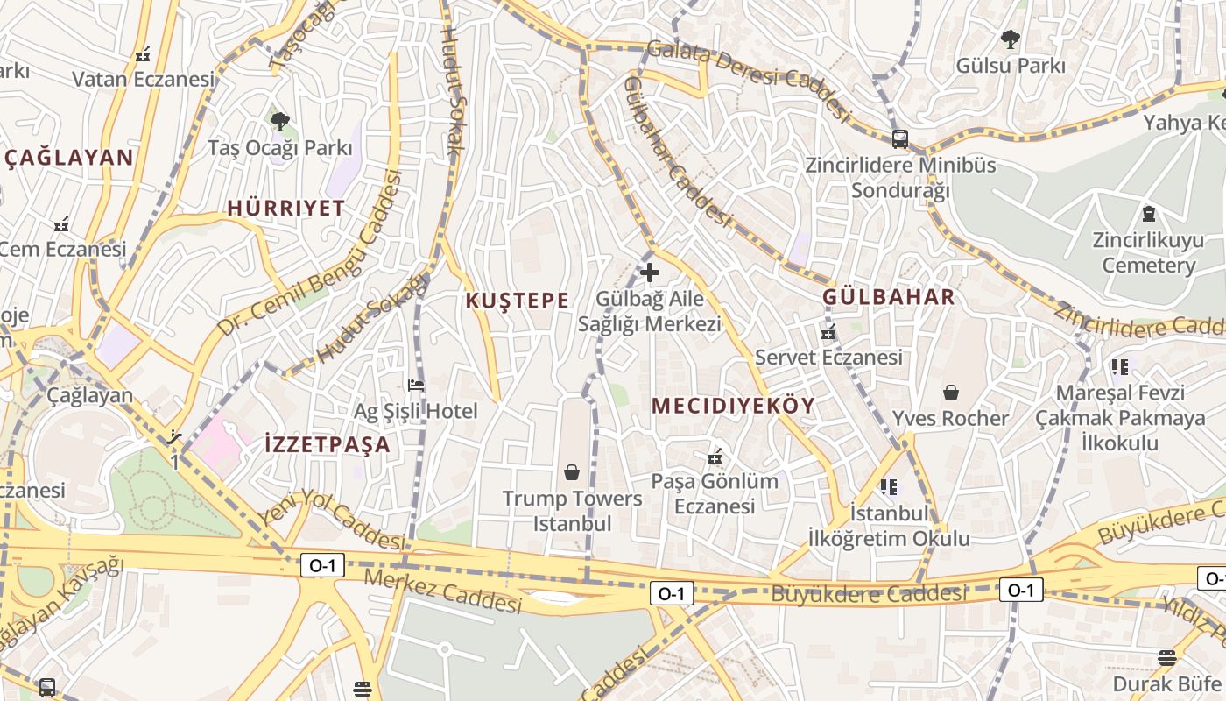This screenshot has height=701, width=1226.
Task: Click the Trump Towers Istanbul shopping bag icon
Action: (572, 473)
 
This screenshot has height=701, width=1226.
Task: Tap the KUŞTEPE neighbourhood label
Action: (517, 301)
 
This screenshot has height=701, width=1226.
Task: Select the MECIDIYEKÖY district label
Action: (733, 406)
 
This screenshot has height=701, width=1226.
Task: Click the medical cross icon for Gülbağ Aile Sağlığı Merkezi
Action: (649, 273)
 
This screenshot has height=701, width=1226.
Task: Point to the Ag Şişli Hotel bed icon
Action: (416, 385)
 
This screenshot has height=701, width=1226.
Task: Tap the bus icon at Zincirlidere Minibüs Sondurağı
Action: (899, 138)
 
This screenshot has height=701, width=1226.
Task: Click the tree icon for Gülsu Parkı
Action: (1010, 39)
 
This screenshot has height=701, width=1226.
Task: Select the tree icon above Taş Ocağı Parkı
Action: (279, 121)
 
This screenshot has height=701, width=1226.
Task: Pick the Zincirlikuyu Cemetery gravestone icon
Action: (1148, 213)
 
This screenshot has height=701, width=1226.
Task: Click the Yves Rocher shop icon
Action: (950, 393)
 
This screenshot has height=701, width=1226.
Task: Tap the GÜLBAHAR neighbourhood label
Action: (888, 297)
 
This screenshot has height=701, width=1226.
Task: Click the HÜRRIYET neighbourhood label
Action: (285, 209)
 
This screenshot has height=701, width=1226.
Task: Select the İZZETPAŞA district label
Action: (327, 444)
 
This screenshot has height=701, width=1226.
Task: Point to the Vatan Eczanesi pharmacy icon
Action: (143, 54)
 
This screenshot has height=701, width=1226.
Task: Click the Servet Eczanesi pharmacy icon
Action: (828, 333)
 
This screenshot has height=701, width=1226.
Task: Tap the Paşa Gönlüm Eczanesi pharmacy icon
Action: (715, 457)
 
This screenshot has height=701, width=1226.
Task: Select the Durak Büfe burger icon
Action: (1166, 657)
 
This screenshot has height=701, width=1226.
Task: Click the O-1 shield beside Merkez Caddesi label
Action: (321, 565)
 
